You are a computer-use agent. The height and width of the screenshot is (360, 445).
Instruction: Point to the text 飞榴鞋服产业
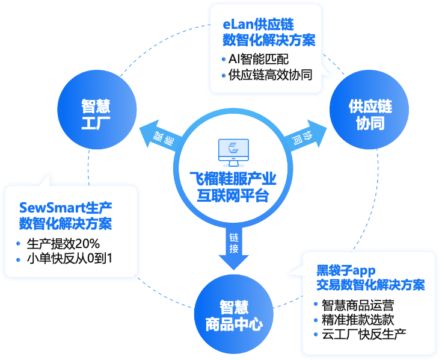tap(232, 179)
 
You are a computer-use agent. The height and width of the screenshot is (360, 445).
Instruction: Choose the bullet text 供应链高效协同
tap(270, 76)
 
